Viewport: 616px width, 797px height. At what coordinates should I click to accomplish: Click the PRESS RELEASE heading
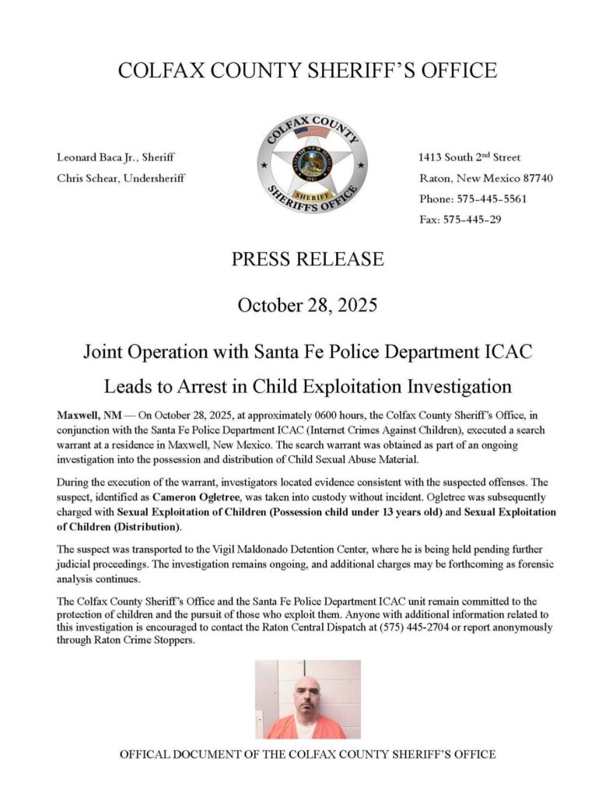tap(307, 259)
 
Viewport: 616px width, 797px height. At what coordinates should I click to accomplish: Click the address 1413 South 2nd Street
tap(470, 158)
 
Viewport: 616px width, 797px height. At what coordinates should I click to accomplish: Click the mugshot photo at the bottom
tap(307, 699)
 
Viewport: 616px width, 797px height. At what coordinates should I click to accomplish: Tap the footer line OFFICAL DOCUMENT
tap(307, 754)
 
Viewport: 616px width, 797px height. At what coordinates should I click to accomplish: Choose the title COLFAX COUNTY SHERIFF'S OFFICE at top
tap(307, 71)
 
